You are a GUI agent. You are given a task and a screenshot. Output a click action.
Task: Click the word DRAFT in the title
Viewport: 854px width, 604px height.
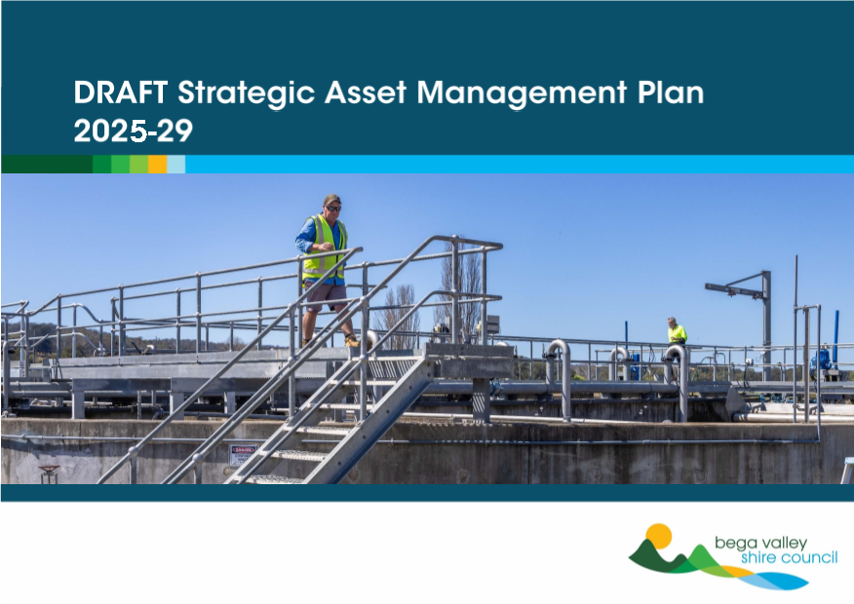tap(120, 93)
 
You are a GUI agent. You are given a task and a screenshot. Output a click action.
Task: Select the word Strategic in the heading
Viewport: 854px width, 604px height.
tap(247, 94)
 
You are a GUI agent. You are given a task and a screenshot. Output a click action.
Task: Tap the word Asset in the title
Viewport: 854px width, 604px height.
tap(366, 93)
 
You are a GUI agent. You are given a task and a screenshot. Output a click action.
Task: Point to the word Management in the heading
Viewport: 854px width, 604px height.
tap(522, 94)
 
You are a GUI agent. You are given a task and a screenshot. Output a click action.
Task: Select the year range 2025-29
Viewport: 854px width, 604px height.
tap(134, 132)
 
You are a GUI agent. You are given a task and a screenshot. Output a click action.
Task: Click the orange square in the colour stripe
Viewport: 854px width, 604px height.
tap(157, 165)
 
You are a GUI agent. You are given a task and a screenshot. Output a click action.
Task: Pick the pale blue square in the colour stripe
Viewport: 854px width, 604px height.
tap(175, 165)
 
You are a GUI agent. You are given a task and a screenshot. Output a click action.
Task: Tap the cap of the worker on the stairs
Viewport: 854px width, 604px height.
tap(331, 199)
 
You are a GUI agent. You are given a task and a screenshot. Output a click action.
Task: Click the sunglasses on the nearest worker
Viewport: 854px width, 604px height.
tap(333, 208)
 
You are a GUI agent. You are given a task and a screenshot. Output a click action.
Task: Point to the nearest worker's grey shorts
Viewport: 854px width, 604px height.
tap(326, 296)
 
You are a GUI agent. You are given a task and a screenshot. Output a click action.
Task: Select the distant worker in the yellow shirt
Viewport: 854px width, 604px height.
tap(677, 333)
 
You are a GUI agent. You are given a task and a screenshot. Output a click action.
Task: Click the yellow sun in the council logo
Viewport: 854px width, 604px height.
tap(658, 536)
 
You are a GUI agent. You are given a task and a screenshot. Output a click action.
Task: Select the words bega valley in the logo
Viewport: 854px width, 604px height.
tap(760, 544)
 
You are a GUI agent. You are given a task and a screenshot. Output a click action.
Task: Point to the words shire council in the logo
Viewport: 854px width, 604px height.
tap(790, 558)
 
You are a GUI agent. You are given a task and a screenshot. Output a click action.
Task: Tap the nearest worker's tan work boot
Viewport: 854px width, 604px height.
tap(352, 341)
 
